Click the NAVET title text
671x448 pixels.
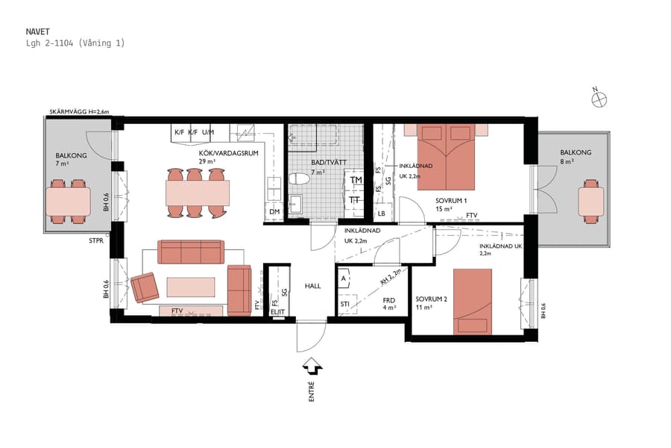(38, 32)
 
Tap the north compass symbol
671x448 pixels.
(599, 99)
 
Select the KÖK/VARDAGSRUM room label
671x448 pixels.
(218, 152)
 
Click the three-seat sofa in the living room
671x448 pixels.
(190, 252)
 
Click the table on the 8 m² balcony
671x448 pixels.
(590, 200)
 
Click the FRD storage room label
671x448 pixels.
(388, 300)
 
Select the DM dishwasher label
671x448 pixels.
(274, 213)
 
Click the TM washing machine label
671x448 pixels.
(356, 181)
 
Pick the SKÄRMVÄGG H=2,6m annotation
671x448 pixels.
(79, 111)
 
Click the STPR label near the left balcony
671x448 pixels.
(97, 241)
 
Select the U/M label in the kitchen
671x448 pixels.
(207, 132)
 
